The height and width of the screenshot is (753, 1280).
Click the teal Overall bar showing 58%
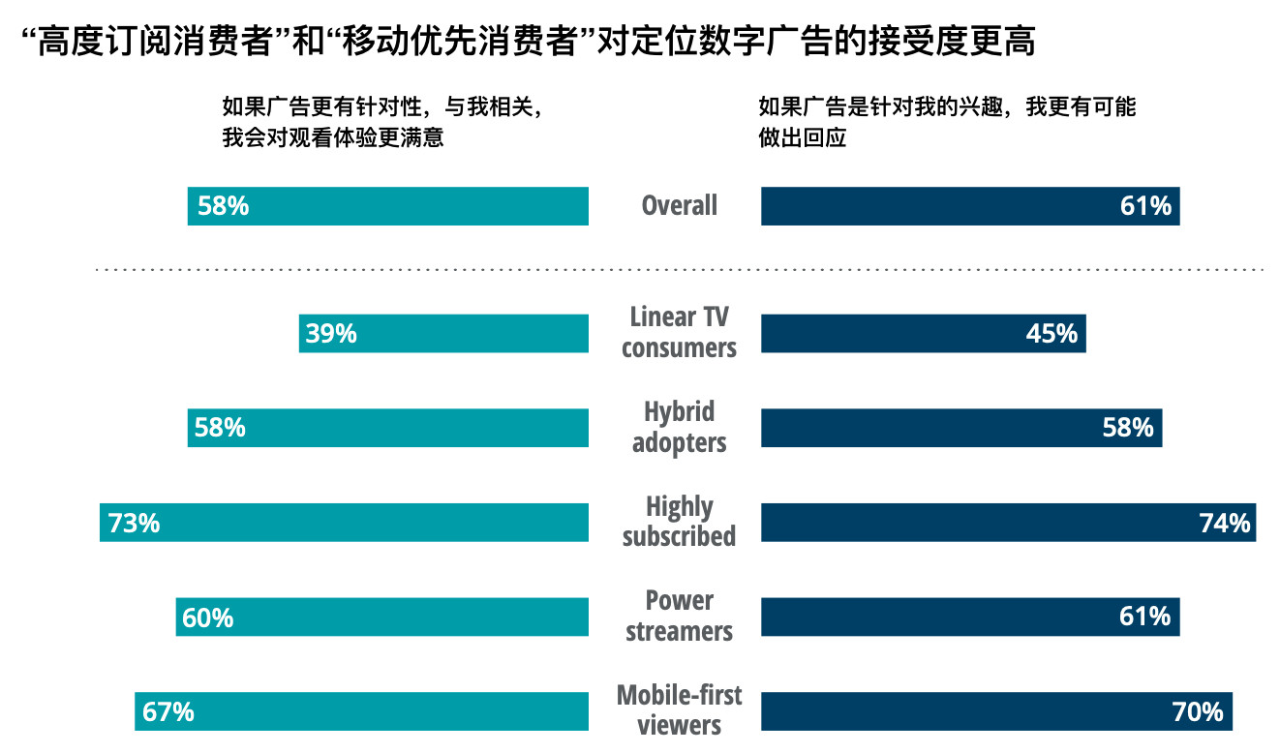coord(387,206)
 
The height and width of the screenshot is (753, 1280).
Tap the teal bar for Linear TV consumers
coord(443,334)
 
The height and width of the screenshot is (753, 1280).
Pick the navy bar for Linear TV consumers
coord(923,334)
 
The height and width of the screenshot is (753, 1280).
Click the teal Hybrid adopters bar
coord(387,428)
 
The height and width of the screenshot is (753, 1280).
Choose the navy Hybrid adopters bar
coord(961,428)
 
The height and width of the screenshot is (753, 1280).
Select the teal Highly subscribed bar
coord(344,523)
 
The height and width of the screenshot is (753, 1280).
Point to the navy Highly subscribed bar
coord(1008,523)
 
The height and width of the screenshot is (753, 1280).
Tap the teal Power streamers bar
coord(382,617)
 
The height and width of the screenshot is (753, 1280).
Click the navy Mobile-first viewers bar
coord(996,711)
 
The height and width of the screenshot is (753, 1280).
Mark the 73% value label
coord(135,524)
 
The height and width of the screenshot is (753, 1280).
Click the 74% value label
coord(1225,524)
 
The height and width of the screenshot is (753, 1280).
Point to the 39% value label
coord(331,334)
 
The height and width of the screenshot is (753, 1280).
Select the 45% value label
coord(1051,334)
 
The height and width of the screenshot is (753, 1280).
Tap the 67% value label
coord(168,712)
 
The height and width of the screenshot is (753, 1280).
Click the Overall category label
coord(680,206)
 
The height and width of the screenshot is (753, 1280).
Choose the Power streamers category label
coord(680,617)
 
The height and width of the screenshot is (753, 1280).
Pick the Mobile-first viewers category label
coord(680,710)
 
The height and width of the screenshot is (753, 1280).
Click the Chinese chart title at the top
coord(528,42)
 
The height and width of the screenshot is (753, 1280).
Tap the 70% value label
coord(1198,712)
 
